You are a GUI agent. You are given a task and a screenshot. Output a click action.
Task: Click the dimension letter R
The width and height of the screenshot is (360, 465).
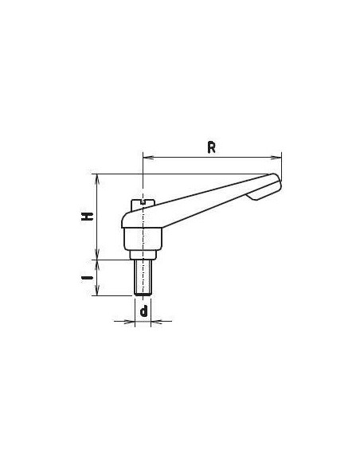[211, 147]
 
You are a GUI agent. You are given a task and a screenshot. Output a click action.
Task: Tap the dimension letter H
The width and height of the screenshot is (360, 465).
[88, 217]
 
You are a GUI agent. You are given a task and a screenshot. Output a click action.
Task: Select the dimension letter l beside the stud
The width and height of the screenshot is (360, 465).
[87, 278]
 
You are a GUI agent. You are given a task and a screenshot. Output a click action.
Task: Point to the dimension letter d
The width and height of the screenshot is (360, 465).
[143, 311]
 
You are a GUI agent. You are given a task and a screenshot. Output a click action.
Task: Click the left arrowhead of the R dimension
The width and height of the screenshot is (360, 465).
[148, 158]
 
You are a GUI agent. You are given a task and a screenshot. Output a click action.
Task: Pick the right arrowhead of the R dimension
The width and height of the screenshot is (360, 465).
[276, 158]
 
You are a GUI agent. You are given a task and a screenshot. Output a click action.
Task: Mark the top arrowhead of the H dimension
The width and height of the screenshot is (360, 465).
[97, 179]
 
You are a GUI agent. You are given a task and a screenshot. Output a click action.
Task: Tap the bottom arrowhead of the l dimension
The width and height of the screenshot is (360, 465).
[97, 290]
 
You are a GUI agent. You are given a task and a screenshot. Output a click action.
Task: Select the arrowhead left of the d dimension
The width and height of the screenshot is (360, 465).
[129, 321]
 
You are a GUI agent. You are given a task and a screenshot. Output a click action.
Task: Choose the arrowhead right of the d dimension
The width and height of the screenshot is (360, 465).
[157, 321]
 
